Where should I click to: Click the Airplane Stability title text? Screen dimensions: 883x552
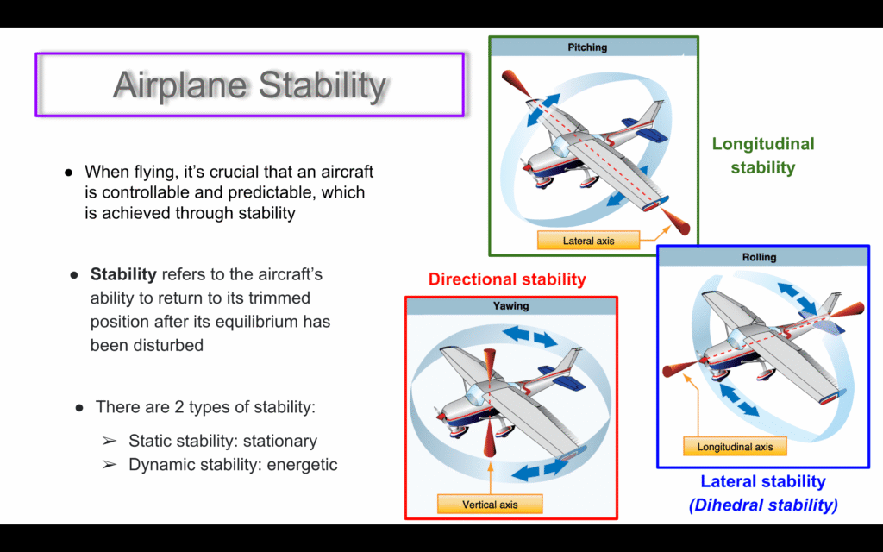tap(249, 85)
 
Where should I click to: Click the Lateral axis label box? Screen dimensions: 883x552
tap(588, 241)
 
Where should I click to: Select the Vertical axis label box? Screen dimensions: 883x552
tap(490, 504)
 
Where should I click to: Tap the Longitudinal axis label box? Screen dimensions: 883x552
tap(735, 447)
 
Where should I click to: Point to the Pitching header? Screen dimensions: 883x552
tap(587, 47)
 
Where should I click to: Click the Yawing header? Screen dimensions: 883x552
tap(510, 306)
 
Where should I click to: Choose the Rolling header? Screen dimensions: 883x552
tap(759, 257)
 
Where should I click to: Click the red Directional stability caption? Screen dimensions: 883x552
tap(507, 279)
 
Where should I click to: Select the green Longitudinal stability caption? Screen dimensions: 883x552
tap(763, 155)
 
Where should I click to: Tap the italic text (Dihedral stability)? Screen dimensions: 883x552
tap(763, 505)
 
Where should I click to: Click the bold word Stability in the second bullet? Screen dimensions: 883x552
tap(123, 274)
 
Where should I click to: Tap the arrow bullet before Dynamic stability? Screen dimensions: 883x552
tap(110, 465)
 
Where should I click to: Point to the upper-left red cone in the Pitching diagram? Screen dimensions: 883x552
tap(516, 84)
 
